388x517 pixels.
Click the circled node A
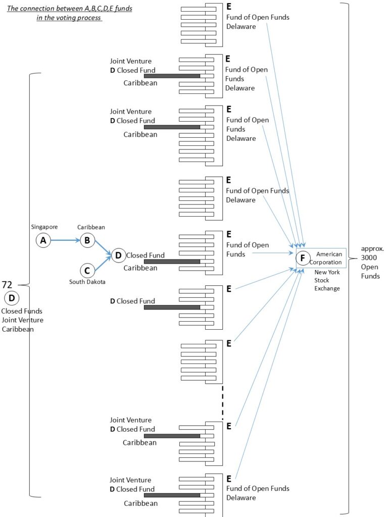coord(43,241)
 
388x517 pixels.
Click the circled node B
coord(87,240)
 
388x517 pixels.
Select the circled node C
coord(87,270)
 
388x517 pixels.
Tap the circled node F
coord(303,258)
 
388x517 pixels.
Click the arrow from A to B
coord(65,241)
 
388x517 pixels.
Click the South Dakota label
coord(87,282)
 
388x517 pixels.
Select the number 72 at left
coord(8,285)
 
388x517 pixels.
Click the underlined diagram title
coord(69,13)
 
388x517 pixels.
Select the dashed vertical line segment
coord(222,402)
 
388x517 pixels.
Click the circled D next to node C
coord(118,255)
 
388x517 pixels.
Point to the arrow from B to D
coord(103,248)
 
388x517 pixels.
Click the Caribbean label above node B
coord(91,228)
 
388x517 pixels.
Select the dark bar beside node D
coord(172,262)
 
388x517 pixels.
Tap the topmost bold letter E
coord(228,7)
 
